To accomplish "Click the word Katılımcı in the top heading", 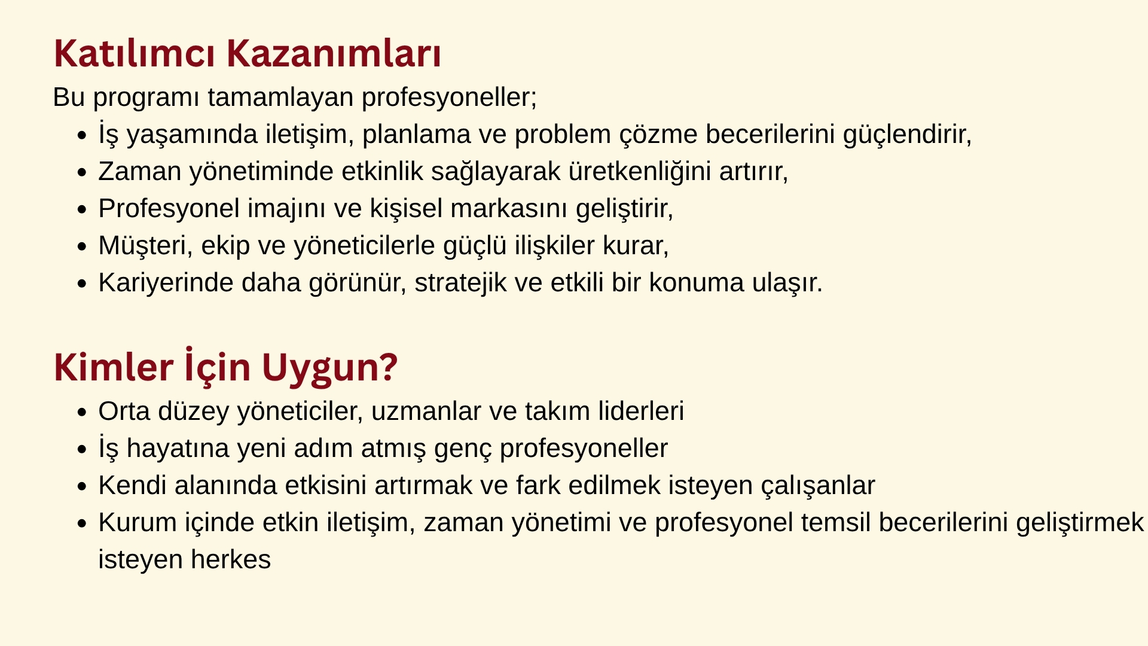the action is (135, 53).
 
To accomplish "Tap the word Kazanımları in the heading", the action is (334, 53).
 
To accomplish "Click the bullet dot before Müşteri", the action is (83, 246).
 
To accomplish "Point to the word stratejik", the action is (460, 283).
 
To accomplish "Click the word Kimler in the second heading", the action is (114, 367).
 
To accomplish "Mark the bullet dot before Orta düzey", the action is (83, 412).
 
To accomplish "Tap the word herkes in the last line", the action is (231, 560).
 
